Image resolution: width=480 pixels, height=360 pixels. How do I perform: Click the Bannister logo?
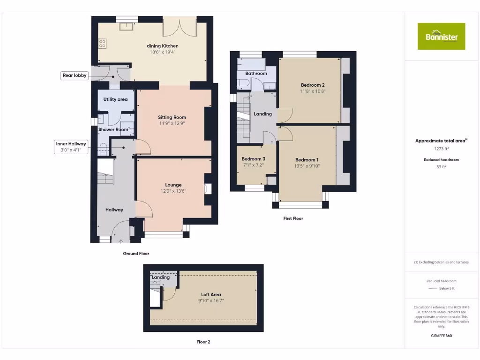tap(441, 36)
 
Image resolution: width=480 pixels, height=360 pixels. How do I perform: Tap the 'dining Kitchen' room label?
tap(163, 46)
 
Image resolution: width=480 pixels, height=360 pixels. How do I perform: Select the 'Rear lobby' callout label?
tap(75, 75)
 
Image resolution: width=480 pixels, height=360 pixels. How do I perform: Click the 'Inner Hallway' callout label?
tap(71, 144)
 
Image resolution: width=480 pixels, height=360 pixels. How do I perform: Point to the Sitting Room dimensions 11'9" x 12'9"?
tap(172, 124)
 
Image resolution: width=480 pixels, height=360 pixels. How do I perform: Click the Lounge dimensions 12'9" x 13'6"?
tap(173, 191)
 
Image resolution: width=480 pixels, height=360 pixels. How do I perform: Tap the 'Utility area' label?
tap(115, 99)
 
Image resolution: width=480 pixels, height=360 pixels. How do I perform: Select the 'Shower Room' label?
tap(113, 129)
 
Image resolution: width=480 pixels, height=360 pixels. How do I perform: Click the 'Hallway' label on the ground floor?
tap(114, 210)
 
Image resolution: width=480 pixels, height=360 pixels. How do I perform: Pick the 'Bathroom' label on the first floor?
tap(256, 74)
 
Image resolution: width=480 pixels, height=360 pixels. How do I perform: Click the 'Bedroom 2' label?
tap(313, 85)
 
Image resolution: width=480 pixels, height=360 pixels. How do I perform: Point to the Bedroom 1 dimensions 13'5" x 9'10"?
tap(307, 166)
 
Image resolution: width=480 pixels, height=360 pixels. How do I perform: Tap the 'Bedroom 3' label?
tap(254, 159)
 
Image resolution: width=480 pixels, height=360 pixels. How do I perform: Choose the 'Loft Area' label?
tap(211, 294)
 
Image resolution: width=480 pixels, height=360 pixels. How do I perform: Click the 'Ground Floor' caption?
tap(136, 253)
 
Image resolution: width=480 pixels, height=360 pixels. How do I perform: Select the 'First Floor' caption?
tap(293, 218)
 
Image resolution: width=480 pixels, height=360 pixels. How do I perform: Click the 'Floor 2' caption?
tap(203, 342)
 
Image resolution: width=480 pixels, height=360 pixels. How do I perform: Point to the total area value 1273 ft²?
tap(441, 149)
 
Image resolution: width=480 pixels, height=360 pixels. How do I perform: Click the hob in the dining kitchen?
tap(102, 44)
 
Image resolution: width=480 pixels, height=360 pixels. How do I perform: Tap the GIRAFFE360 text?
tap(441, 336)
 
